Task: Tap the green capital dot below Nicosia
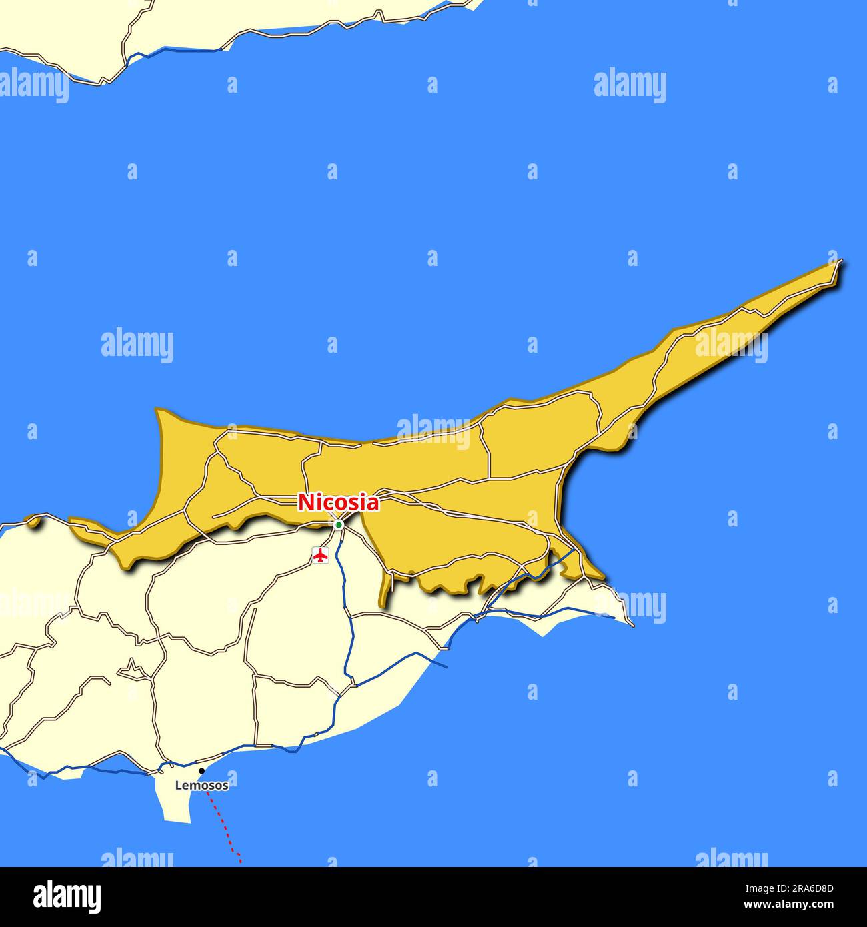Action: (x=339, y=525)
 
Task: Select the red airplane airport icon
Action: (x=321, y=554)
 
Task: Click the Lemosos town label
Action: (x=201, y=786)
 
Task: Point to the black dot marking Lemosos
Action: (x=201, y=771)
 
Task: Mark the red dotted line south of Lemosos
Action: (x=224, y=827)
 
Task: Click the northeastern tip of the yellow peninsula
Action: (x=838, y=263)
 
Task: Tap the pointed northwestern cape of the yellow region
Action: (x=159, y=412)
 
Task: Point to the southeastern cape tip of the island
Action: (x=631, y=624)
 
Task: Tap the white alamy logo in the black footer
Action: (x=67, y=897)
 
